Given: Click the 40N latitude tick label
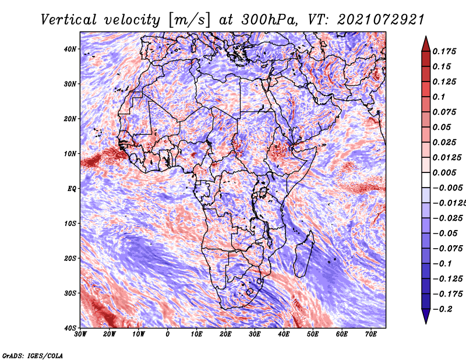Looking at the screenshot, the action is (x=70, y=49).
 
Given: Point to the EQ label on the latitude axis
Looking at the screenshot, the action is (x=72, y=189).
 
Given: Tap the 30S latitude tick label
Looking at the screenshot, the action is (x=70, y=293).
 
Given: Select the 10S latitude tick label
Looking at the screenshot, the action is (x=70, y=223).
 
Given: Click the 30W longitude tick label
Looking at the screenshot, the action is (x=80, y=334).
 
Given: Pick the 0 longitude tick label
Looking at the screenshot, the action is (x=168, y=334).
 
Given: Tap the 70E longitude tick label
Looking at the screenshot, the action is (x=371, y=334).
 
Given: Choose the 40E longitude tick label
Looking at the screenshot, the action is (x=284, y=334).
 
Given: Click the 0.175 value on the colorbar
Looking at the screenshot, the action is (x=444, y=51).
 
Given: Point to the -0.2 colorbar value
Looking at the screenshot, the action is (x=442, y=309).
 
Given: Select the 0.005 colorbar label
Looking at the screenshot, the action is (x=444, y=172).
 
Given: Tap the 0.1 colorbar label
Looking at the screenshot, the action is (x=439, y=97).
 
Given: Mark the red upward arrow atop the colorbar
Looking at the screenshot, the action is (x=426, y=44).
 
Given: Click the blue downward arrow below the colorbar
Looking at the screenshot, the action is (x=426, y=316).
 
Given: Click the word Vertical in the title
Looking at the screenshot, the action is (x=69, y=20).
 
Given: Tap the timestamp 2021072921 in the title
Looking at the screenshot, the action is (x=380, y=20).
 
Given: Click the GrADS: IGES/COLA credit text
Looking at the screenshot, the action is (x=33, y=355).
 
